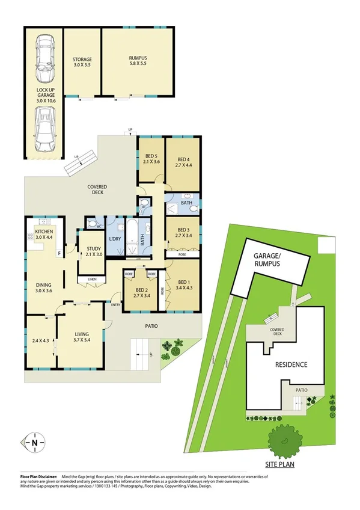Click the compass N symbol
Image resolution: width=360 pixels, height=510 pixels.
[35, 443]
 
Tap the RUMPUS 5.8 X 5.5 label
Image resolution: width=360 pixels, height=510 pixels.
[138, 61]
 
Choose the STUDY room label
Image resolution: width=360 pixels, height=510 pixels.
[93, 251]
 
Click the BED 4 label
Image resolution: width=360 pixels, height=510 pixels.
[185, 162]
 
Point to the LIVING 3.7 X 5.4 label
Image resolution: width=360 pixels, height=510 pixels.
[82, 337]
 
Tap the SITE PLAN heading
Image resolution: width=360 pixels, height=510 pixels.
[282, 464]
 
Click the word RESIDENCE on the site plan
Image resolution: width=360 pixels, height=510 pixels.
[291, 364]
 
